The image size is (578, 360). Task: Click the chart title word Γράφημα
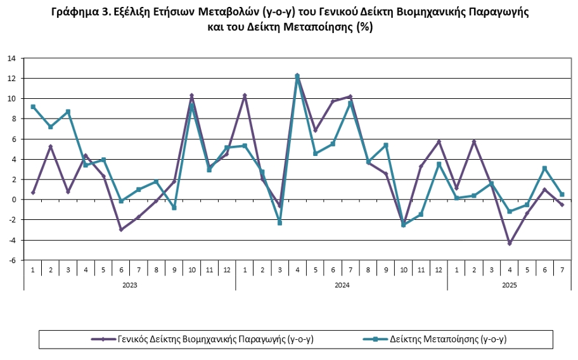(74, 12)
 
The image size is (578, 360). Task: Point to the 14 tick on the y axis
(11, 58)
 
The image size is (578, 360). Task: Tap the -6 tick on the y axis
(11, 260)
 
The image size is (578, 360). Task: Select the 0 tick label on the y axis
(13, 200)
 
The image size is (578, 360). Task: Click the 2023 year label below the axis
(129, 285)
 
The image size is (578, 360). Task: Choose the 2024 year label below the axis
(342, 285)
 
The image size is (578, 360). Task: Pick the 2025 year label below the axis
(510, 285)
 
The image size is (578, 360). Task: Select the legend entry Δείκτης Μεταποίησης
(447, 339)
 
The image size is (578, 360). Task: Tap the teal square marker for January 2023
(33, 106)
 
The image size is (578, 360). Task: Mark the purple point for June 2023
(121, 229)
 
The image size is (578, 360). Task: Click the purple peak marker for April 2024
(297, 75)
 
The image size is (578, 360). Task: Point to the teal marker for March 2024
(279, 223)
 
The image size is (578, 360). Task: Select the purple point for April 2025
(509, 243)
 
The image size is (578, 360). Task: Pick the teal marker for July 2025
(562, 195)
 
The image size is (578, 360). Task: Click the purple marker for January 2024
(245, 95)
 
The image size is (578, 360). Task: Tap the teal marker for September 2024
(386, 145)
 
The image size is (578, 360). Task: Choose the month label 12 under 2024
(439, 269)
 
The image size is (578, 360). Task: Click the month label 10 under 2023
(191, 269)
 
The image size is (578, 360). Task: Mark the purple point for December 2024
(439, 141)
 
